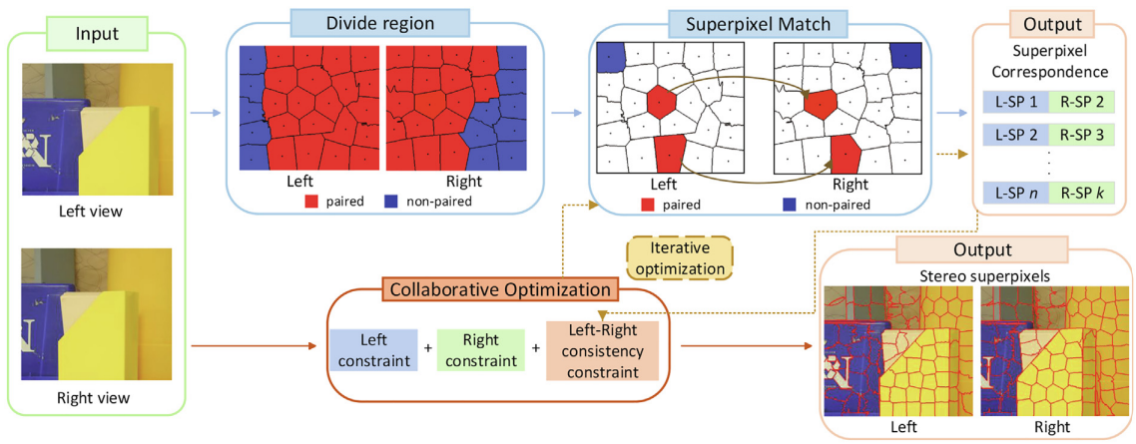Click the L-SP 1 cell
pyautogui.click(x=1015, y=103)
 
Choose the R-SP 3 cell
pyautogui.click(x=1082, y=133)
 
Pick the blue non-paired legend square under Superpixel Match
pyautogui.click(x=790, y=204)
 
